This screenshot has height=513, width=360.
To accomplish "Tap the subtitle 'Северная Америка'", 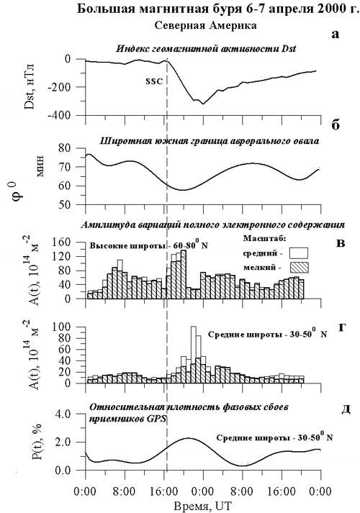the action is pos(205,25).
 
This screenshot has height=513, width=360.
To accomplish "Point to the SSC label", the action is pos(154,81).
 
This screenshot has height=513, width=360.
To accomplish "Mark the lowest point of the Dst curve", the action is pos(203,104).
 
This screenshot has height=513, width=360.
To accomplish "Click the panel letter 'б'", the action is pos(336,125).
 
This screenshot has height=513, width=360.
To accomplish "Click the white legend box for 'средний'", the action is pos(299,253).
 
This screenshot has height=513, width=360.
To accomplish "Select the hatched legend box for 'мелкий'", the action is pos(299,268).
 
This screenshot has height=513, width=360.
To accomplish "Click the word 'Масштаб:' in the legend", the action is pos(265,238).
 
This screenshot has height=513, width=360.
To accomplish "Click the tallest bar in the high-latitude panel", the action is pos(184,274).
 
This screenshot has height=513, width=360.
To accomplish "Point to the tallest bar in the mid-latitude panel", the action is pos(194,355).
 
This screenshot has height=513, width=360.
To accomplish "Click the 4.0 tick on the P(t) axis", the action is pos(70,414).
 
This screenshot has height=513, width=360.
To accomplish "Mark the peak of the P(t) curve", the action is pos(187,437).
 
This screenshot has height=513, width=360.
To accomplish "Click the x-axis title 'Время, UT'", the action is pos(202,506).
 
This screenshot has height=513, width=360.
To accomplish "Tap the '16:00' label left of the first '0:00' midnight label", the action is pos(163,491).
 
